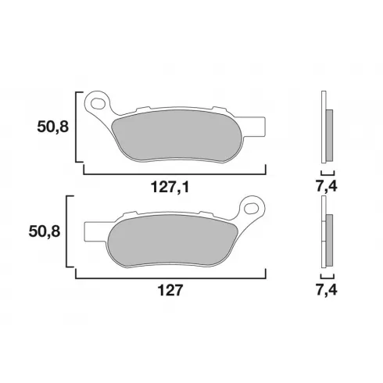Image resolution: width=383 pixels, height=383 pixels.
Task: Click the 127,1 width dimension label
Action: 170,187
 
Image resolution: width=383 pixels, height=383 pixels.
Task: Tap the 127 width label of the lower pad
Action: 170,290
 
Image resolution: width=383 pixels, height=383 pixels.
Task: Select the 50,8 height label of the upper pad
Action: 53,127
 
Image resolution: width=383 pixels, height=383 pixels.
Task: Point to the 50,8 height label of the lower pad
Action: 45,231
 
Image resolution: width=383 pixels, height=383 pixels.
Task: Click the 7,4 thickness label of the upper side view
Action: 327,186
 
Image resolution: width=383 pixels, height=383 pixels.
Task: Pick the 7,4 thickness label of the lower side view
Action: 327,289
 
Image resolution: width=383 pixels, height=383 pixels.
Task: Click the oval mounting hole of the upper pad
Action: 98,103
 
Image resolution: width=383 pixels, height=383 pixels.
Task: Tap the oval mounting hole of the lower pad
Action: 251,208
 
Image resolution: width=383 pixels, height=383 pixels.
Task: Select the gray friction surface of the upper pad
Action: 177,135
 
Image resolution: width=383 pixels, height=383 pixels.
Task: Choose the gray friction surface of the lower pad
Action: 173,240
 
